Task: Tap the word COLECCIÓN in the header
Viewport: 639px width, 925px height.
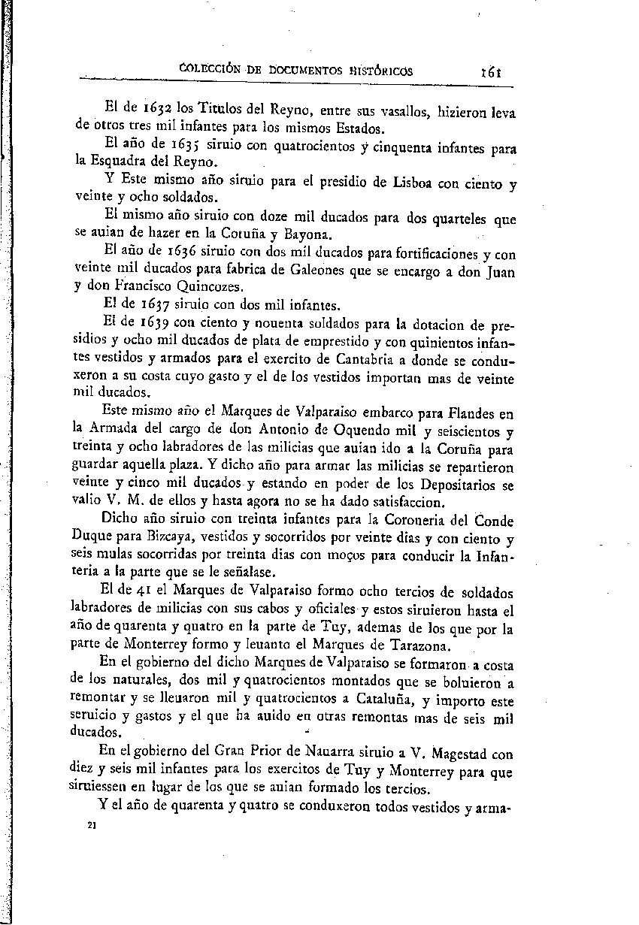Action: point(214,71)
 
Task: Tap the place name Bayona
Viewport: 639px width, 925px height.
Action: point(305,235)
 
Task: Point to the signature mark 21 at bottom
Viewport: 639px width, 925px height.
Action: point(92,825)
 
